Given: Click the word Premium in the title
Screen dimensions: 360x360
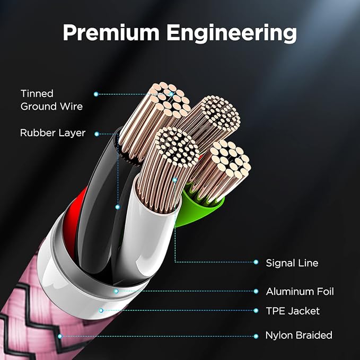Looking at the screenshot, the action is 111,33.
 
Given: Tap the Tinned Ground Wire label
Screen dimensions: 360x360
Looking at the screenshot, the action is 51,100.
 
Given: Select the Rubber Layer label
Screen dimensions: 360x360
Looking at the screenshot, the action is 52,133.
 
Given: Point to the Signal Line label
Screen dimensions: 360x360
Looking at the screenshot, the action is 292,263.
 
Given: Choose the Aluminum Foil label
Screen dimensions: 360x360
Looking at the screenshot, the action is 300,292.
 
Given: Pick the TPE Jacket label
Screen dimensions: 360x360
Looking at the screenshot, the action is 293,311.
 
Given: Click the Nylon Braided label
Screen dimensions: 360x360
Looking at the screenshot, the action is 298,335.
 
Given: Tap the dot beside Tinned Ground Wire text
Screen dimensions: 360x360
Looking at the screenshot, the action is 96,94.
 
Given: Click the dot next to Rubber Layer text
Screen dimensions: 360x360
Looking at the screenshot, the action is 96,134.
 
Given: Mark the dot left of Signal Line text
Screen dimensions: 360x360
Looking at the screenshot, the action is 256,262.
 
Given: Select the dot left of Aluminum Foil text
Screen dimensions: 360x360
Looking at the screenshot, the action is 256,292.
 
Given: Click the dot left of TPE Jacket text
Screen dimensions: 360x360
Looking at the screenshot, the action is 256,311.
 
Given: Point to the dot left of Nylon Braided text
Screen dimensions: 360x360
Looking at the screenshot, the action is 256,336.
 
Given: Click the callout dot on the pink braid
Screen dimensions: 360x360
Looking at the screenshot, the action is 60,336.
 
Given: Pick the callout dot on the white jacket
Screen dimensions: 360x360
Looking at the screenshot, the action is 101,311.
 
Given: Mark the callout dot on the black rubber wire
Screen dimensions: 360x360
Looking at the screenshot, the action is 118,207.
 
